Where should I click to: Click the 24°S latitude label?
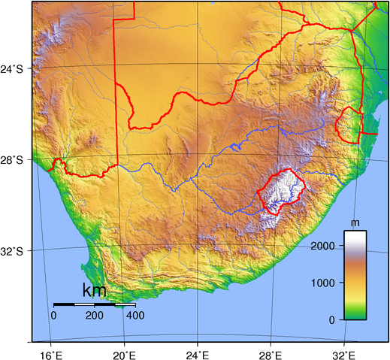(15, 69)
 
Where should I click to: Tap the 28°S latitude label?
(15, 159)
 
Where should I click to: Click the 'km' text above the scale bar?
(94, 290)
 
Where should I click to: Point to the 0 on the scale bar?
(53, 315)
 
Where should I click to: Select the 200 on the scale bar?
(95, 315)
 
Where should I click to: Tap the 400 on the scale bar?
(135, 315)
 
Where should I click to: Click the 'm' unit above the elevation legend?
(355, 223)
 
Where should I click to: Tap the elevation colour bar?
(355, 275)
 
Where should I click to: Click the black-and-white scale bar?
(95, 304)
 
